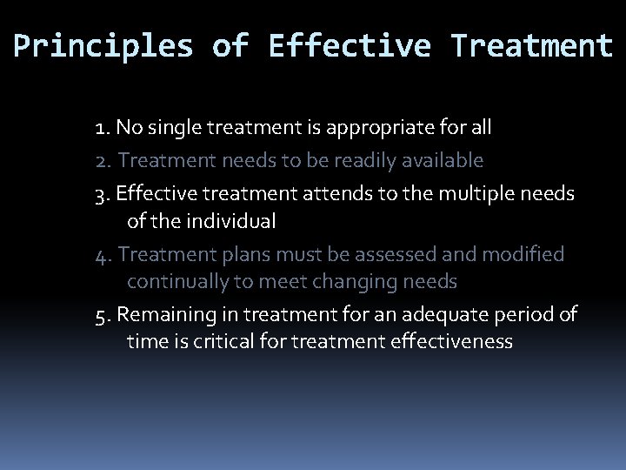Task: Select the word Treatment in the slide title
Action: click(x=531, y=46)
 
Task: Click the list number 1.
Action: click(x=101, y=129)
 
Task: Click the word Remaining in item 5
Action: click(x=161, y=314)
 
